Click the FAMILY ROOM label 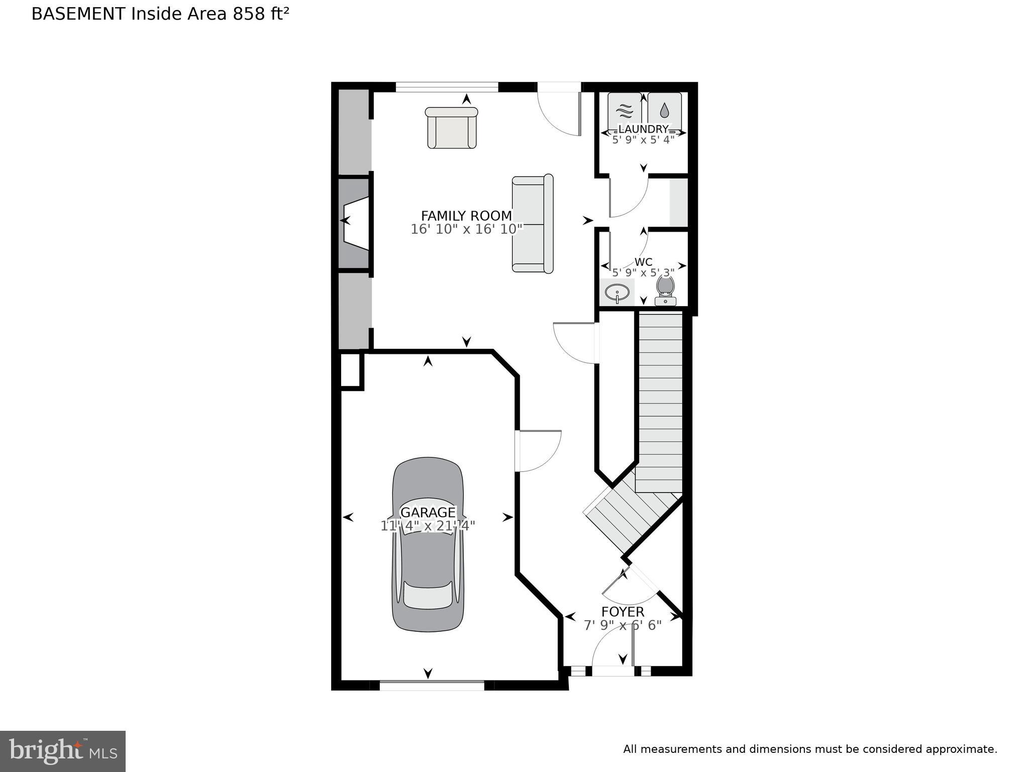tap(466, 216)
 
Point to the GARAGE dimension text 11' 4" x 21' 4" tap(428, 526)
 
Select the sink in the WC tap(617, 292)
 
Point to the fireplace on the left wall tap(355, 224)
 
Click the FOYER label tap(623, 612)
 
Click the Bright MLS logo tap(63, 751)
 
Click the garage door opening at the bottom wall tap(432, 685)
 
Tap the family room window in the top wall tap(447, 87)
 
